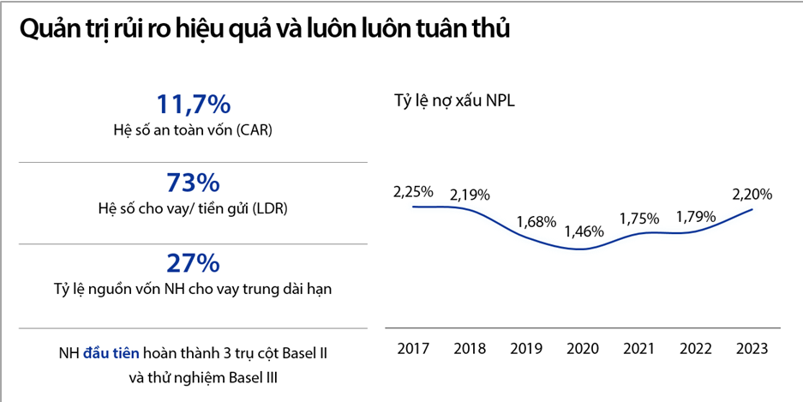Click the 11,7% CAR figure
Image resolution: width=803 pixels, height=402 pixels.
[193, 105]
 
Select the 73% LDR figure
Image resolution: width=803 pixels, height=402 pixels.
[193, 183]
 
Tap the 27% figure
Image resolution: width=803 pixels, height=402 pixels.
[193, 262]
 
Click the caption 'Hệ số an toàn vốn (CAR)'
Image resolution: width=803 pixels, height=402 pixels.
[193, 130]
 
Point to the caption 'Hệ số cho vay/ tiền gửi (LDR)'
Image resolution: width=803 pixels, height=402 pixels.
[193, 209]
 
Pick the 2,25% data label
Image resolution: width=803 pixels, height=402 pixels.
[413, 190]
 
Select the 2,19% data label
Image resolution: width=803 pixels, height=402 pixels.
[470, 192]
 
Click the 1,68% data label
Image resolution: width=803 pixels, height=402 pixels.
[537, 221]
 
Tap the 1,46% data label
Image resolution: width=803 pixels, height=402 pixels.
[584, 231]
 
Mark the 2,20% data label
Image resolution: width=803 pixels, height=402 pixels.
[752, 194]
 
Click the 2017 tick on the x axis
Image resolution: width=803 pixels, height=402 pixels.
[413, 349]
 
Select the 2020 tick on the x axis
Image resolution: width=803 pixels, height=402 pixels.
[583, 349]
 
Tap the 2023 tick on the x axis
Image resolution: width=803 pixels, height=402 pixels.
[752, 349]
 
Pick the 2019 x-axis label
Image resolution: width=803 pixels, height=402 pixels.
[526, 349]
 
